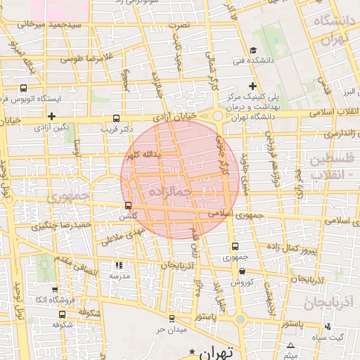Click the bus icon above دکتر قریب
tap(116, 118)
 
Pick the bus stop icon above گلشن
tap(127, 206)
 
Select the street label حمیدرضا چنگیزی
tap(62, 225)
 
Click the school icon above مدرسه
tap(118, 266)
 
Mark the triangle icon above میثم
tap(290, 345)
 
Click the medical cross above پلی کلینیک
tap(252, 85)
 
